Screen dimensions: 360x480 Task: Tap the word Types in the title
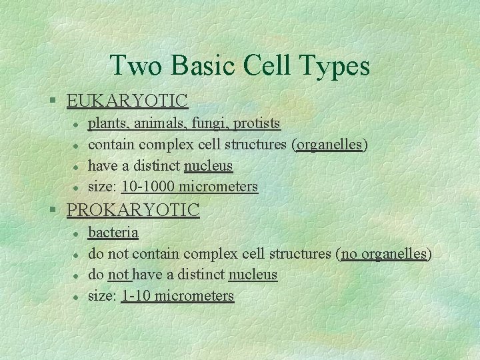point(336,67)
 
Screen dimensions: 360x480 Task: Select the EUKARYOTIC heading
point(127,101)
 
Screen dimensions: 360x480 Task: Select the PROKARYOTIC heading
point(133,211)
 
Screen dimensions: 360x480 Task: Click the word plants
point(108,124)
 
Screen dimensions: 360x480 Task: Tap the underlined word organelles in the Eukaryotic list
point(329,145)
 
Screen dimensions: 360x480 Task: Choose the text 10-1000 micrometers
point(189,187)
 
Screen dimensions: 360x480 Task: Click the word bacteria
point(113,233)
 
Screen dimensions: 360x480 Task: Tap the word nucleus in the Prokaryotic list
point(253,275)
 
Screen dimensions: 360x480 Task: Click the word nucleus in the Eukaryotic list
point(208,165)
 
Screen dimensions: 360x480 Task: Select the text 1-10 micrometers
point(177,296)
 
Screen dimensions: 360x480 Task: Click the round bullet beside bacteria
point(77,233)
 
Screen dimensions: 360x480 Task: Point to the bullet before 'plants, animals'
point(77,124)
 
